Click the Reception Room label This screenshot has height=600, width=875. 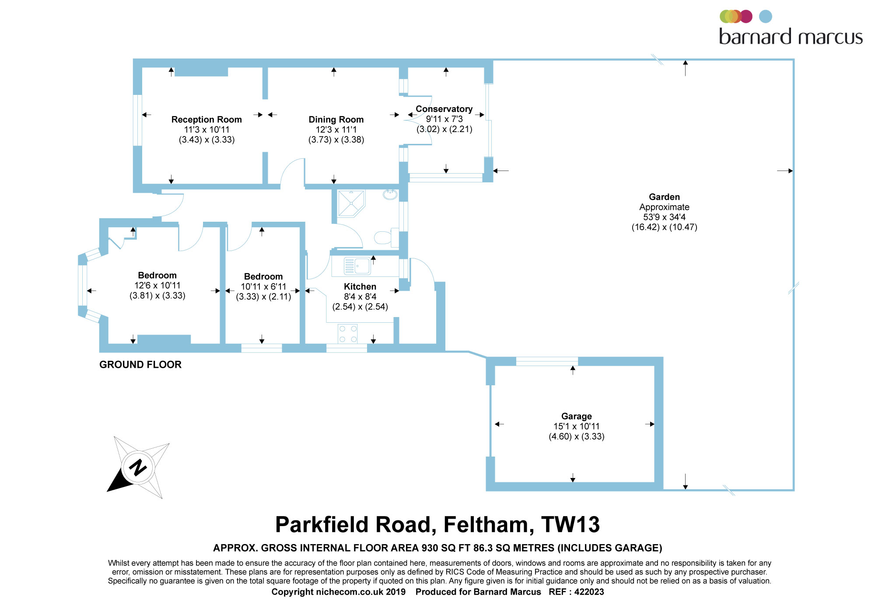[x=206, y=119]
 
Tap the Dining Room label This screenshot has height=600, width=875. [x=336, y=119]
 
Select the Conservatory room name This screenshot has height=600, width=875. [x=444, y=109]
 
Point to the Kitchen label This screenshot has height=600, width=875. [x=360, y=286]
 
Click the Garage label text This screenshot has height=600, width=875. [x=577, y=416]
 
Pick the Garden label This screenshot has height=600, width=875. [x=664, y=197]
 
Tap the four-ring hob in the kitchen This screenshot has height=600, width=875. [x=348, y=334]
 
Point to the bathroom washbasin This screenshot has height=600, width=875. [x=390, y=194]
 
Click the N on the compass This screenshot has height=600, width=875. [x=138, y=467]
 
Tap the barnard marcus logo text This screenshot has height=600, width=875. [x=791, y=37]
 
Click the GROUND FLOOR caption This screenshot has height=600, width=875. [x=140, y=365]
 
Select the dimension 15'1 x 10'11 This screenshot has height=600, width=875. [x=577, y=426]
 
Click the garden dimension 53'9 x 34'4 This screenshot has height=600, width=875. [x=664, y=217]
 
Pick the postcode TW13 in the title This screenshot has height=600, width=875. [x=570, y=525]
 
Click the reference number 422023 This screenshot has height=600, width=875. [x=589, y=592]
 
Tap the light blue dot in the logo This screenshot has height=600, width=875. [x=766, y=17]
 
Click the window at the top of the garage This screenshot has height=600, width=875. [x=547, y=361]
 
